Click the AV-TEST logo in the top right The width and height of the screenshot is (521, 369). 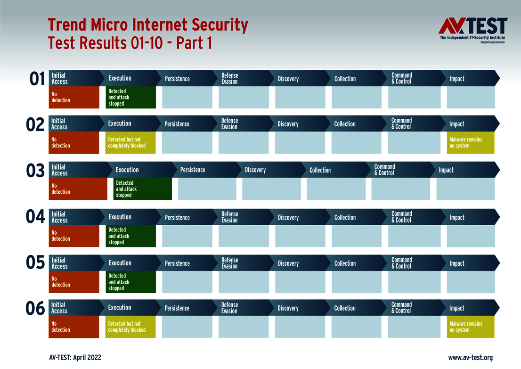[x=473, y=30]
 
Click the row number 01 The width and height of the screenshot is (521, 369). [x=37, y=79]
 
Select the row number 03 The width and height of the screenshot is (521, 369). [x=35, y=171]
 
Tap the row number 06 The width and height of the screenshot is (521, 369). [x=35, y=309]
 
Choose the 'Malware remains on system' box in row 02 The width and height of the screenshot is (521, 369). [x=471, y=143]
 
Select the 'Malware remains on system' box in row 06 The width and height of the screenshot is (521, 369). [x=471, y=327]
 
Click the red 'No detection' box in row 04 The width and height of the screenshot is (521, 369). [x=74, y=236]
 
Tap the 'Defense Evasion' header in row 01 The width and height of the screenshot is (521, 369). [x=230, y=78]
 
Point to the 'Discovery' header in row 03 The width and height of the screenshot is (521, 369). [x=255, y=170]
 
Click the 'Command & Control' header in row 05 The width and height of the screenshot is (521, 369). [x=401, y=263]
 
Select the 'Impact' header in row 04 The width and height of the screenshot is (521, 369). [x=457, y=217]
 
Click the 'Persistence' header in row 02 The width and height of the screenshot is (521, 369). [x=177, y=124]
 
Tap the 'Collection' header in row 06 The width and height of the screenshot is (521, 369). [x=345, y=308]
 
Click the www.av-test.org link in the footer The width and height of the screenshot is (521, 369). [x=470, y=358]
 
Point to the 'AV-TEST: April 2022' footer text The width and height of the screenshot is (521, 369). [x=75, y=358]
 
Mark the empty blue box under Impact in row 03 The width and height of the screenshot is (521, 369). [x=465, y=189]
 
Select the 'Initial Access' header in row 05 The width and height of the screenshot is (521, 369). [x=59, y=263]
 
